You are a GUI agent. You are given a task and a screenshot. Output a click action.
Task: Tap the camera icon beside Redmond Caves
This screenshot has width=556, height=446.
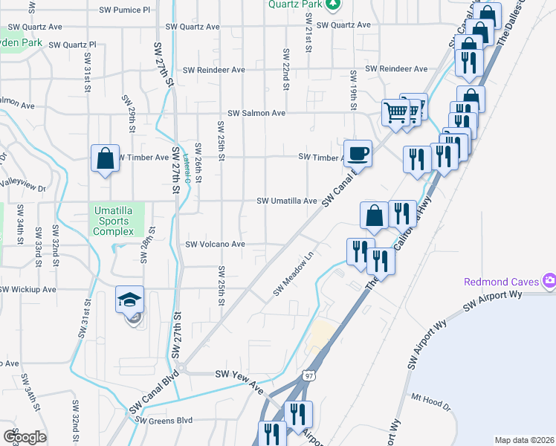point(549,281)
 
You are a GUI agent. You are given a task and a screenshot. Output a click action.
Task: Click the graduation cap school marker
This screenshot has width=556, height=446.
point(129,301)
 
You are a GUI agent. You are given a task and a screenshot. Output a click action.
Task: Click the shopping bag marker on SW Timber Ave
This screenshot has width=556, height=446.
point(105,158)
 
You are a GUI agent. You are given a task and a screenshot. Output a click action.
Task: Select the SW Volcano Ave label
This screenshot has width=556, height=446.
point(215,244)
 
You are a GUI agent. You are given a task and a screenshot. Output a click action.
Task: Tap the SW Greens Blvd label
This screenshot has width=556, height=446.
point(164,421)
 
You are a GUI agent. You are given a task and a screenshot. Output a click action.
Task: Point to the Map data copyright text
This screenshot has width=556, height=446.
point(525,440)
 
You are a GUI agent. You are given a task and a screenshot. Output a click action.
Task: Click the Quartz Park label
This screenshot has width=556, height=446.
point(296,4)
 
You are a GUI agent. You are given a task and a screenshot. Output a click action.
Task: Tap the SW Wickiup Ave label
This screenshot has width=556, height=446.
point(28,289)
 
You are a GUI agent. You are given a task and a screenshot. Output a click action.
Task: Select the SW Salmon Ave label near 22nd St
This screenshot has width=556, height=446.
point(256,113)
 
